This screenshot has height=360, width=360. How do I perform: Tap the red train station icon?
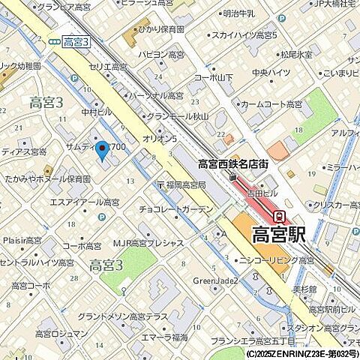pos(279,215)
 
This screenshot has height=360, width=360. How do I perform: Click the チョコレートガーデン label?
pos(176,209)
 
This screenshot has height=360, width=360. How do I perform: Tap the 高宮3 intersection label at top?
pos(76,43)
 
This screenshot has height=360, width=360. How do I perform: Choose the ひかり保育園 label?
pos(160,29)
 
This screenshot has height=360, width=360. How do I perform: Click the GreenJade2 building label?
pos(216,280)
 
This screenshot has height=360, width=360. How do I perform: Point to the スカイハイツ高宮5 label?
pos(244,35)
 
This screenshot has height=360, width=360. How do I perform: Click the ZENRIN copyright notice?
pos(301,353)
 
